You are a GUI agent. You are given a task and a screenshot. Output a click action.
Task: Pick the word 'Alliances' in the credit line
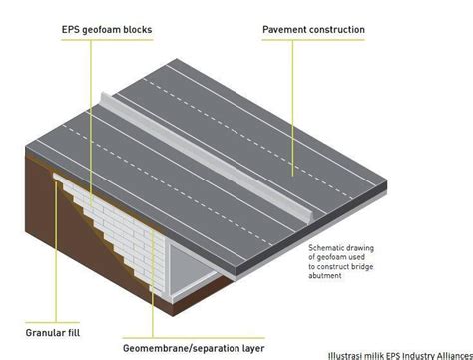pos(451,354)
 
